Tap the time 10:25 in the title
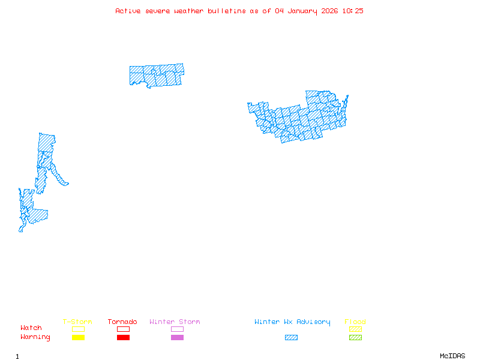353,11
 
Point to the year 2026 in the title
330,11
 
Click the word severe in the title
158,11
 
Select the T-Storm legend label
77,322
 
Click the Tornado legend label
122,322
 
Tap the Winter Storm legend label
175,322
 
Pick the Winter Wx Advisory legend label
292,322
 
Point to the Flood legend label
355,322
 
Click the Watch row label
31,328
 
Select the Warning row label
35,337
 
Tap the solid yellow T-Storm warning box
78,338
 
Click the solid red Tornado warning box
123,338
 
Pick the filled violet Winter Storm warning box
177,338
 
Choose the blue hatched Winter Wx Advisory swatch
291,338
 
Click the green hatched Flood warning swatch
355,338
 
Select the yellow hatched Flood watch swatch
355,329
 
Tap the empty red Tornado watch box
123,329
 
